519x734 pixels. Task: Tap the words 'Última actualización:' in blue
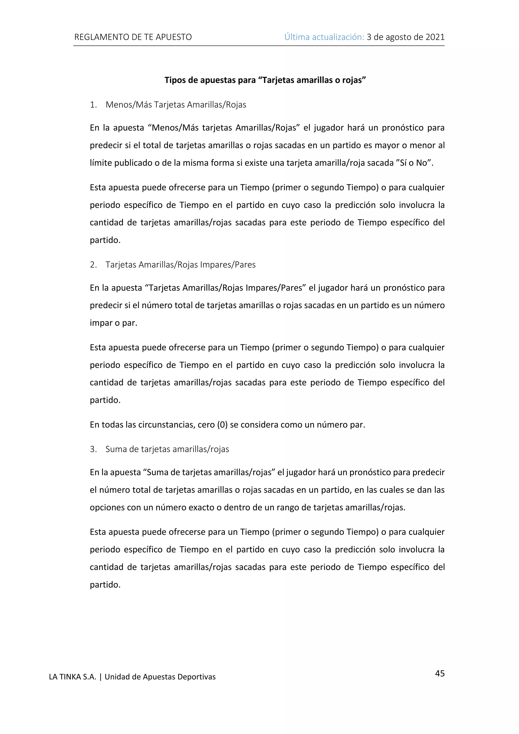pyautogui.click(x=324, y=37)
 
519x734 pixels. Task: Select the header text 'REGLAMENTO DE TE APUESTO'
pyautogui.click(x=133, y=37)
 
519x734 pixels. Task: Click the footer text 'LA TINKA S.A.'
pyautogui.click(x=72, y=677)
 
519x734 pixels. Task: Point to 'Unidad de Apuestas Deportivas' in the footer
pyautogui.click(x=160, y=677)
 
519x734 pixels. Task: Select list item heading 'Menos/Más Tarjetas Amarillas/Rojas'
pyautogui.click(x=176, y=105)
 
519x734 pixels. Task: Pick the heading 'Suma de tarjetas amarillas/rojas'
pyautogui.click(x=167, y=449)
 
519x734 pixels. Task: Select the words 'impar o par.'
pyautogui.click(x=114, y=323)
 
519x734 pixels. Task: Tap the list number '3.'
pyautogui.click(x=93, y=449)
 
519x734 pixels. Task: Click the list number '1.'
pyautogui.click(x=93, y=105)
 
